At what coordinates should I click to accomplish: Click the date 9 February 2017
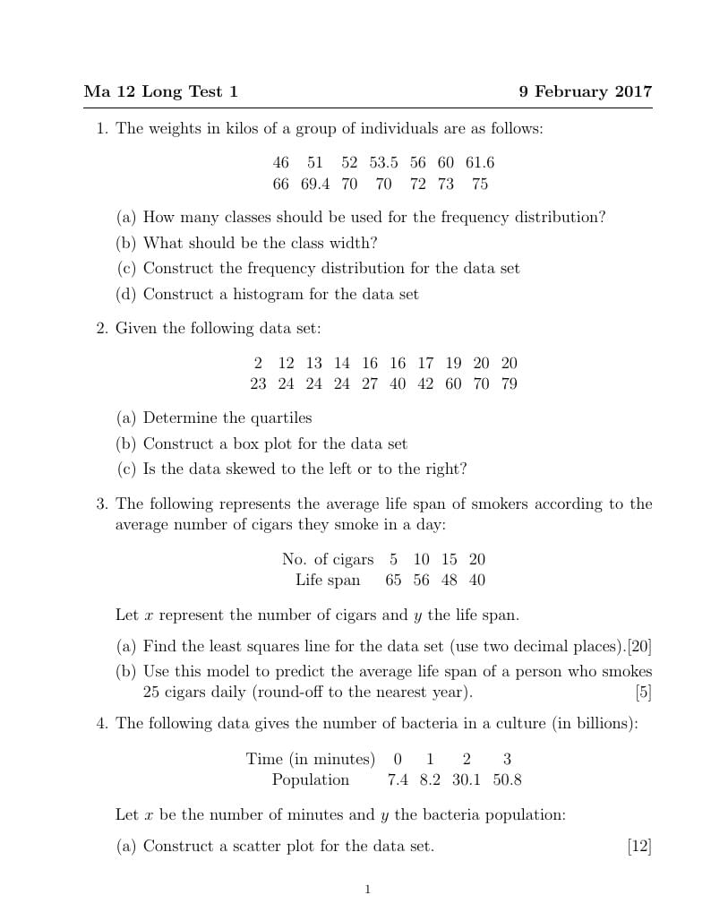click(585, 92)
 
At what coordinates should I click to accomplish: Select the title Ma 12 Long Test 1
click(161, 92)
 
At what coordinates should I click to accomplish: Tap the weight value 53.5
click(383, 163)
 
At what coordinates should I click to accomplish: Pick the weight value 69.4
click(315, 185)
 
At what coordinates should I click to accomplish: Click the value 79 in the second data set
click(509, 384)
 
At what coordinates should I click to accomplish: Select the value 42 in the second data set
click(425, 384)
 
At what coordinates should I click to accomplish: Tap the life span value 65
click(393, 580)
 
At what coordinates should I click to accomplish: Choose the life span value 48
click(449, 580)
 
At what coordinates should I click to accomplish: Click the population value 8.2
click(430, 780)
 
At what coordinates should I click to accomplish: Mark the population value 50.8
click(507, 780)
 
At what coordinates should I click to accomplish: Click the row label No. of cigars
click(328, 559)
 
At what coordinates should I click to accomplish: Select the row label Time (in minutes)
click(311, 760)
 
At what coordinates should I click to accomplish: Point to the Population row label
click(311, 780)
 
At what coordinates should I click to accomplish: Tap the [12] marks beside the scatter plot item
click(639, 846)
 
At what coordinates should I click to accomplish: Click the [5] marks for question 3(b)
click(643, 693)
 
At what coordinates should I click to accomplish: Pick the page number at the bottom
click(367, 890)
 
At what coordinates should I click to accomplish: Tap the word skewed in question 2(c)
click(244, 469)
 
